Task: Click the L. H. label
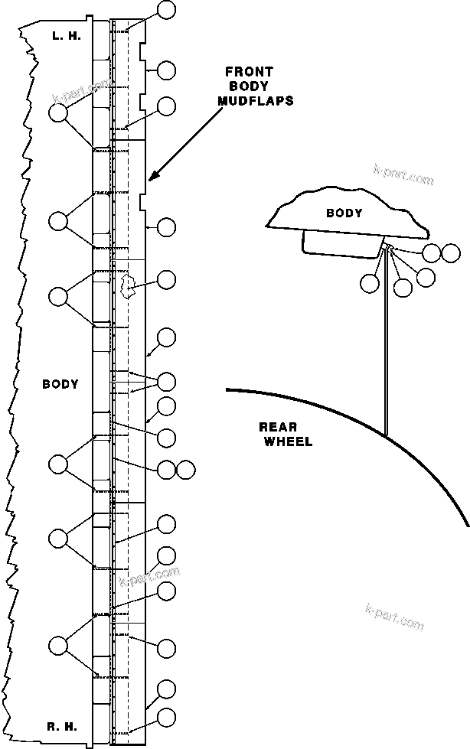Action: [x=60, y=36]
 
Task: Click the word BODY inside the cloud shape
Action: [x=344, y=213]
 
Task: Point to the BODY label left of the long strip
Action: [x=60, y=384]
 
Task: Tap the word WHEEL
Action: [x=288, y=441]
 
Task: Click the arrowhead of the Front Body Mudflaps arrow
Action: [x=152, y=177]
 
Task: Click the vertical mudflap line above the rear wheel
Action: [x=386, y=344]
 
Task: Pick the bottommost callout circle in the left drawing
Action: [x=166, y=718]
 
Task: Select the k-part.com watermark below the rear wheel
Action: [x=394, y=616]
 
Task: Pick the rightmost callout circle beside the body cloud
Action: [x=451, y=252]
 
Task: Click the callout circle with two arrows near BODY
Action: [x=166, y=381]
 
